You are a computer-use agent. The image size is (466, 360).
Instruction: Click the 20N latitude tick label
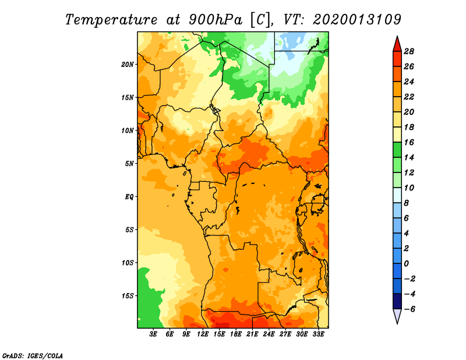pos(127,64)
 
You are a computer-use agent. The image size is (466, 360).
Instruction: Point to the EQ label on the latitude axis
pos(129,196)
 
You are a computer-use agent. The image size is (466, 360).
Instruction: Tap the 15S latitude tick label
pos(128,296)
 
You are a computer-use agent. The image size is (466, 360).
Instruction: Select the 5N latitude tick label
pos(129,164)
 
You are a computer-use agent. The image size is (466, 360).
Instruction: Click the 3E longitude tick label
pos(153,334)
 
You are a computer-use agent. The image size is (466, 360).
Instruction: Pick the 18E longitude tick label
pos(236,334)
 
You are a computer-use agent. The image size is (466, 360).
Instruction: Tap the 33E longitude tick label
pos(318,334)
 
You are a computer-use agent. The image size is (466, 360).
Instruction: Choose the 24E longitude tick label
pos(269,334)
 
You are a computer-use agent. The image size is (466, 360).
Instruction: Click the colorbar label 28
pos(409,51)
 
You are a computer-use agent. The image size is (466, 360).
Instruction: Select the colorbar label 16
pos(409,142)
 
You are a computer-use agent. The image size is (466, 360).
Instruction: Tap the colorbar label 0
pos(406,264)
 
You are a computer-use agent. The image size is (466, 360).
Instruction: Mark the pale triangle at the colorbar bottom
pos(397,316)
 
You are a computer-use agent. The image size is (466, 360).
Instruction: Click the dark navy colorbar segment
pos(397,301)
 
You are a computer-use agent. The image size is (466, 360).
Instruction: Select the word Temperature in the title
pos(111,20)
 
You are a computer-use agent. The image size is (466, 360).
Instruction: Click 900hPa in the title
pos(216,20)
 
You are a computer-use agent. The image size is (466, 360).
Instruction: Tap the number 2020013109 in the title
pos(357,20)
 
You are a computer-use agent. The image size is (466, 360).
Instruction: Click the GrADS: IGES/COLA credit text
pos(33,355)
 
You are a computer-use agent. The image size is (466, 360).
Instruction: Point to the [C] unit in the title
pos(260,20)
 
